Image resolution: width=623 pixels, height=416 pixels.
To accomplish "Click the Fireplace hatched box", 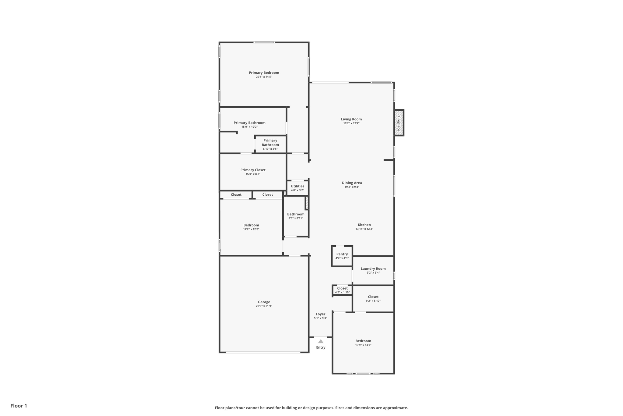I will (399, 123).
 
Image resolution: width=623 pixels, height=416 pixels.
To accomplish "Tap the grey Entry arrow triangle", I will (321, 341).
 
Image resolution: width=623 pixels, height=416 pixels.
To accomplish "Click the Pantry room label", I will (342, 254).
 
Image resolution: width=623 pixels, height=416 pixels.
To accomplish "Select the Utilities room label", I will (297, 186).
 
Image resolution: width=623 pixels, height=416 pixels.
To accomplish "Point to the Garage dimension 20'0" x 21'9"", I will (264, 306).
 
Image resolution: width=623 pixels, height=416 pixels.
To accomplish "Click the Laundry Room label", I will (373, 268).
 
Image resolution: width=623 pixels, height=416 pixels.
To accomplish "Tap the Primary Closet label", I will (253, 170).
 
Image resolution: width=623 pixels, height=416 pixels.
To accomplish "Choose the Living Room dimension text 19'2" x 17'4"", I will (351, 123).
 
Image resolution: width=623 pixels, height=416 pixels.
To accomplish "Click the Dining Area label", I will (352, 183).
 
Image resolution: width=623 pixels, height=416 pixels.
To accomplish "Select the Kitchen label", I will (364, 225).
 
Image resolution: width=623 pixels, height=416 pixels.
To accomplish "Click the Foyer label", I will (320, 314).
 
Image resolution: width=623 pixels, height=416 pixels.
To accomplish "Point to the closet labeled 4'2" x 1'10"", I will (342, 290).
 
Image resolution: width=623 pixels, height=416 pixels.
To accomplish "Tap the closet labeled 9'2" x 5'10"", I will (373, 298).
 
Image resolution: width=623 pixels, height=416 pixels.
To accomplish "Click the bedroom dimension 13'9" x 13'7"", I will (363, 345).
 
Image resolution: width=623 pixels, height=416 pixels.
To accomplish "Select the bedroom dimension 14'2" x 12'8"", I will (251, 229).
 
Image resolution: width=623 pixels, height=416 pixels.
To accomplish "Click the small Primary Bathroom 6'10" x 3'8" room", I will (270, 144).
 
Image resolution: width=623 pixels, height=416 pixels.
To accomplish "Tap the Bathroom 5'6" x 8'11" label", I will (296, 214).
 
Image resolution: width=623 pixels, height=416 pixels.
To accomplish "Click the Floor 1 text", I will (19, 406).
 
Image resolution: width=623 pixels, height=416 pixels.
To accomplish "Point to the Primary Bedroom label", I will (264, 73).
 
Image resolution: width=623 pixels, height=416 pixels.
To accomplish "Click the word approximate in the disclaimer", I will (395, 408).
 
